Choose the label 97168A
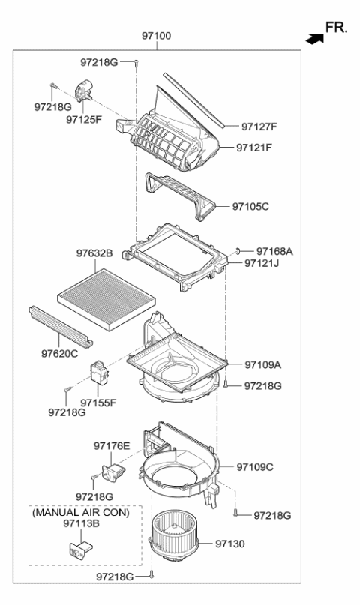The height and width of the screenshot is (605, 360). tap(274, 251)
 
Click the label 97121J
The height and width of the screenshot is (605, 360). tap(262, 264)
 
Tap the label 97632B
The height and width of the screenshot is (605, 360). tap(94, 255)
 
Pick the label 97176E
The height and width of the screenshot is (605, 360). tap(112, 446)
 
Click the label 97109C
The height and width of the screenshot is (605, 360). tap(255, 466)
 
